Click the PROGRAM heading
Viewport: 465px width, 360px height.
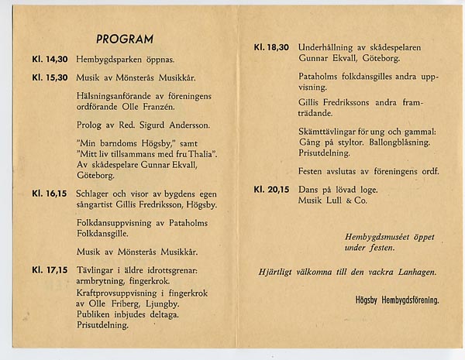(x=125, y=39)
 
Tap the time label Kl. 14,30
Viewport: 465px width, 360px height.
(x=50, y=59)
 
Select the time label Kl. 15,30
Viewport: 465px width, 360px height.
(x=50, y=77)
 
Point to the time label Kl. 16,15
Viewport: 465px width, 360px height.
(x=50, y=194)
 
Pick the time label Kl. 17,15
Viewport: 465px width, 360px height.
(x=50, y=270)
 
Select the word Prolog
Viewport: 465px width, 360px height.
(x=90, y=125)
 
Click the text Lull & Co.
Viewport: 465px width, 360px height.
(x=347, y=200)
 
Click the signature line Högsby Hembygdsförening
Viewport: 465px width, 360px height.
(x=397, y=300)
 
